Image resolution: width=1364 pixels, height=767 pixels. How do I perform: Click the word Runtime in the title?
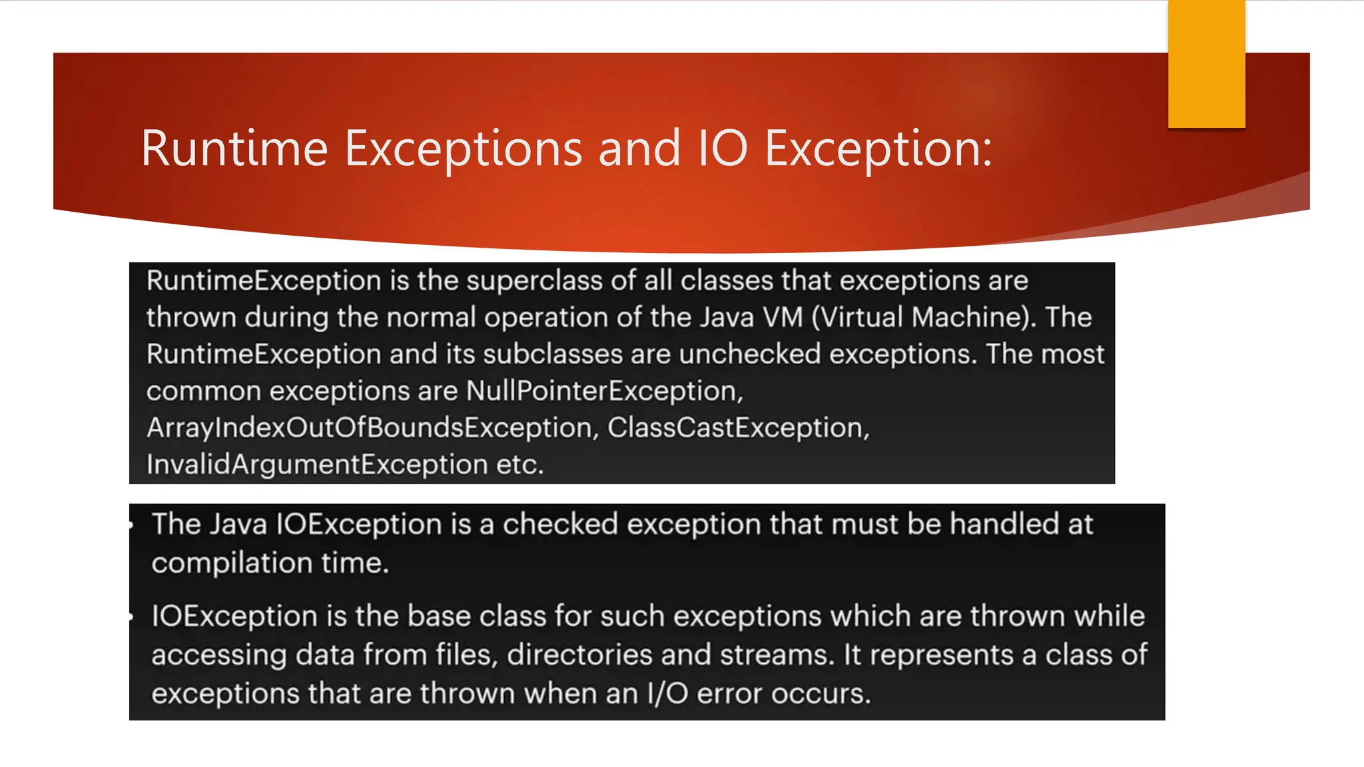tap(234, 148)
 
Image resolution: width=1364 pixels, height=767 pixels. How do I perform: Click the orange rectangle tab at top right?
tap(1206, 63)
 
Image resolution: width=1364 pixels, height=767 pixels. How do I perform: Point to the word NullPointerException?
tap(603, 391)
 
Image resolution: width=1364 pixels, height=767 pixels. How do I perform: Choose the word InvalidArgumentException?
tap(317, 464)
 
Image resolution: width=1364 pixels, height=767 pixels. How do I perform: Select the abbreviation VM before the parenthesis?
tap(783, 317)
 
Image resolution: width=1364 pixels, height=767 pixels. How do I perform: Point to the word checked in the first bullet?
tap(560, 524)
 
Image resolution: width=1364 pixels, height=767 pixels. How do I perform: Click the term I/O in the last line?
tap(667, 694)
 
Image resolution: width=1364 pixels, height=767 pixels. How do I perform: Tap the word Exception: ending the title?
tap(878, 148)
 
